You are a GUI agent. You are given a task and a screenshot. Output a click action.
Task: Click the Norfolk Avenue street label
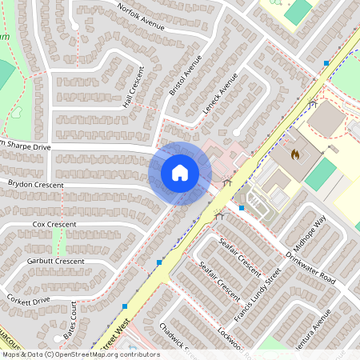tap(141, 17)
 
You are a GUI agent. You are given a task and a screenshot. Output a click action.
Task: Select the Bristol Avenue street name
tap(186, 77)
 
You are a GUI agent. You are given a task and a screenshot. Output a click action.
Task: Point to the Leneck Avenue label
tap(220, 94)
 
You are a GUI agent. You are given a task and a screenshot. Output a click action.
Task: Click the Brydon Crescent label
tap(35, 184)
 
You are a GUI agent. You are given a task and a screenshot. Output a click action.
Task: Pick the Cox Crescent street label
tap(54, 225)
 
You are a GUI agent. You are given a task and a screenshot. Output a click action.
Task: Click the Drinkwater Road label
tap(311, 266)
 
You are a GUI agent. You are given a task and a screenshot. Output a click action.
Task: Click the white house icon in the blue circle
tap(180, 173)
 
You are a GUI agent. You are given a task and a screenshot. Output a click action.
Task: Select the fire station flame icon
tap(294, 152)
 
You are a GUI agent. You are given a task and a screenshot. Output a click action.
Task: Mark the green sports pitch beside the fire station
tap(321, 174)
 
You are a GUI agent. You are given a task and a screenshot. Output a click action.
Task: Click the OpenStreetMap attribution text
tap(80, 354)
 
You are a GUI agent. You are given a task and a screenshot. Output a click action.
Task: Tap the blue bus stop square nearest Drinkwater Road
tap(242, 208)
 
